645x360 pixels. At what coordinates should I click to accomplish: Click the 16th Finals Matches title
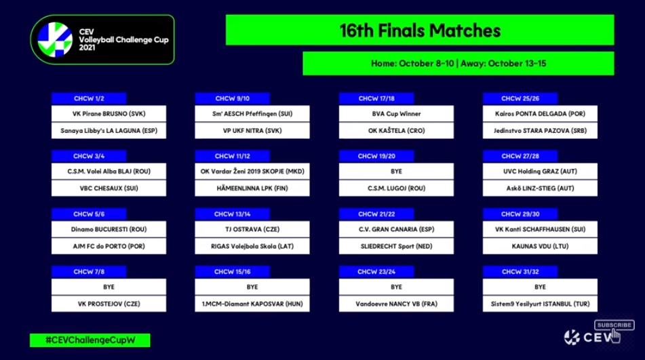[x=420, y=30]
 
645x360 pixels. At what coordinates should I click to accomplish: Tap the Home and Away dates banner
[x=458, y=63]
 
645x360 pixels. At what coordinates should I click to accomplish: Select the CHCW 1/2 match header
[x=89, y=98]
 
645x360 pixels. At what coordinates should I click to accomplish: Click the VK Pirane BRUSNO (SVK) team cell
[x=109, y=113]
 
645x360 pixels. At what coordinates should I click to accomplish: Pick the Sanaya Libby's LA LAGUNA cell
[x=109, y=130]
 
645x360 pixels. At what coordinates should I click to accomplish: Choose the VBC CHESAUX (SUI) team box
[x=109, y=188]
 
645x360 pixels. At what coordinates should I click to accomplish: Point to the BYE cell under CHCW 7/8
[x=109, y=287]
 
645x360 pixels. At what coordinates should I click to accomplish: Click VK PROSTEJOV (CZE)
[x=109, y=304]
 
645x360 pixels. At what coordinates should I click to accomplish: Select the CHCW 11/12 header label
[x=233, y=156]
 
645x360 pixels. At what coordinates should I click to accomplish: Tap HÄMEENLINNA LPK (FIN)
[x=252, y=188]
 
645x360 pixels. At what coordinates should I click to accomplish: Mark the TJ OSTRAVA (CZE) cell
[x=252, y=229]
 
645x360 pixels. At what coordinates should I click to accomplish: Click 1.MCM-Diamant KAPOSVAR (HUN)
[x=252, y=304]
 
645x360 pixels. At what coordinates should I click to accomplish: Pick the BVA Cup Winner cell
[x=396, y=113]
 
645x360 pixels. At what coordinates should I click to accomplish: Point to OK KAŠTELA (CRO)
[x=396, y=130]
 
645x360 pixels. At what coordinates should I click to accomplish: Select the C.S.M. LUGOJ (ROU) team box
[x=396, y=188]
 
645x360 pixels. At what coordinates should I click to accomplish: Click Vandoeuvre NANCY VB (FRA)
[x=396, y=304]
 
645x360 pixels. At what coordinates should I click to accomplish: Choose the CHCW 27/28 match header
[x=520, y=156]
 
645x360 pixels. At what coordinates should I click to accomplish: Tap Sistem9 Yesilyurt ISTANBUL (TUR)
[x=540, y=304]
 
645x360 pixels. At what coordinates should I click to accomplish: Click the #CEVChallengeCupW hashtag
[x=90, y=340]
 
